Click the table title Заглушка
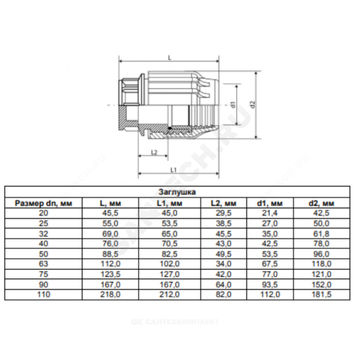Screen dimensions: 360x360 pos(177,192)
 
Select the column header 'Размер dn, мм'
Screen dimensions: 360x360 pos(44,203)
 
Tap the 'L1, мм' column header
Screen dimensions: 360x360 pos(170,203)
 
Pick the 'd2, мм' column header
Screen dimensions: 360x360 pos(321,203)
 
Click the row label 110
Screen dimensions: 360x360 pos(44,294)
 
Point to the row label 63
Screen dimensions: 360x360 pos(44,264)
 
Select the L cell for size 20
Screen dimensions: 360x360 pos(110,213)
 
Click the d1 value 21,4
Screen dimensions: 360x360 pos(270,213)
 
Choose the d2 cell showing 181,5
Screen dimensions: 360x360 pos(321,294)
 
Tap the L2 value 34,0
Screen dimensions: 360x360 pos(224,264)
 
